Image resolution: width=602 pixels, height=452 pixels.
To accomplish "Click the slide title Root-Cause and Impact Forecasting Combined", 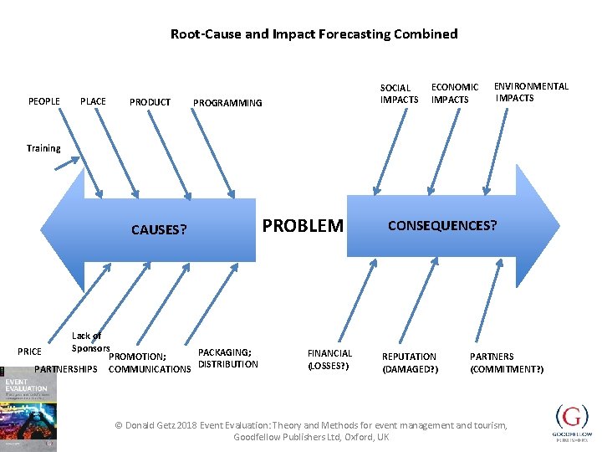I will pos(314,34).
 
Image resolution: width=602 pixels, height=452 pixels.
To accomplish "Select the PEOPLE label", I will pos(44,101).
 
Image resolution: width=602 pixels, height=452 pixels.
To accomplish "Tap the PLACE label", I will pos(93,101).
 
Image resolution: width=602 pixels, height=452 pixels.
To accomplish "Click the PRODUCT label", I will pos(150,102).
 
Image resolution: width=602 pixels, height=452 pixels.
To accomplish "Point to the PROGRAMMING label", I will pos(227,103).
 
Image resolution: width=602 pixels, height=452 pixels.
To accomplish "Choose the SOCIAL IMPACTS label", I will pos(399,94).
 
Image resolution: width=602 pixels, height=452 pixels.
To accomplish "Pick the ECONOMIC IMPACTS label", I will pos(454,93).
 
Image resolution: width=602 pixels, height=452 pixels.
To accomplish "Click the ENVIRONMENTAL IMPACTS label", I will pos(531,92).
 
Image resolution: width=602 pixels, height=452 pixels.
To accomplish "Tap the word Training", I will pos(43,148).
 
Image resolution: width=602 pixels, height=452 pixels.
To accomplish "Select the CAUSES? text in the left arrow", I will pos(159,229).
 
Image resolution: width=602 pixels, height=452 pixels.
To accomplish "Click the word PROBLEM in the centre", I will pos(303,226).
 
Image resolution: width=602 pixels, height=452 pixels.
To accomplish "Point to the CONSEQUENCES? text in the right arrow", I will pos(441,226).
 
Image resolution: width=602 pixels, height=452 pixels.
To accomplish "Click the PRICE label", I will pos(29,352).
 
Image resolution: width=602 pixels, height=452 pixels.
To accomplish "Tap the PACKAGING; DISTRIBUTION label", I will pos(227,358).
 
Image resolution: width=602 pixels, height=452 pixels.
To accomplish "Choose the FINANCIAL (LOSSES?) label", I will pos(329,360).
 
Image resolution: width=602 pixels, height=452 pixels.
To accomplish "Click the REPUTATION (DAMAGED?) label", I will pos(410,362).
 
